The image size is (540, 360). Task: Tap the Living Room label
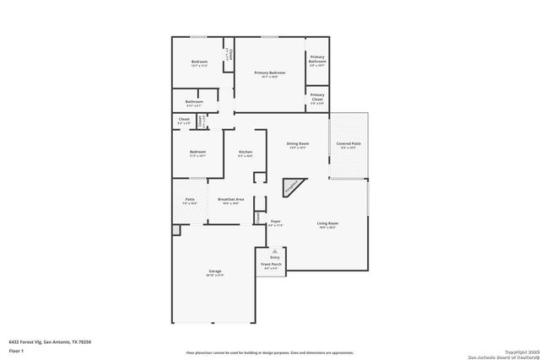coord(327,224)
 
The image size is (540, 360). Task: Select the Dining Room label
coord(298,145)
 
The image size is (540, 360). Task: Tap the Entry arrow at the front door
coord(274,252)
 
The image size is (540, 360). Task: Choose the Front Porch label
coord(272,264)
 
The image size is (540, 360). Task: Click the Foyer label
coord(275,223)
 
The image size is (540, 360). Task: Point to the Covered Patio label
coord(348,145)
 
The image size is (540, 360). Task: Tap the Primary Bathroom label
coord(317,60)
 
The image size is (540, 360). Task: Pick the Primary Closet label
coord(317,97)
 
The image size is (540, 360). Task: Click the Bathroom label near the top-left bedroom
coord(194,103)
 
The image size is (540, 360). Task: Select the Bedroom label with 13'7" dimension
coord(199,63)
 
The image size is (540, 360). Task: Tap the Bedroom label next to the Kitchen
coord(197,153)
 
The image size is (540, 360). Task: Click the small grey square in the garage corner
coord(175,230)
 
